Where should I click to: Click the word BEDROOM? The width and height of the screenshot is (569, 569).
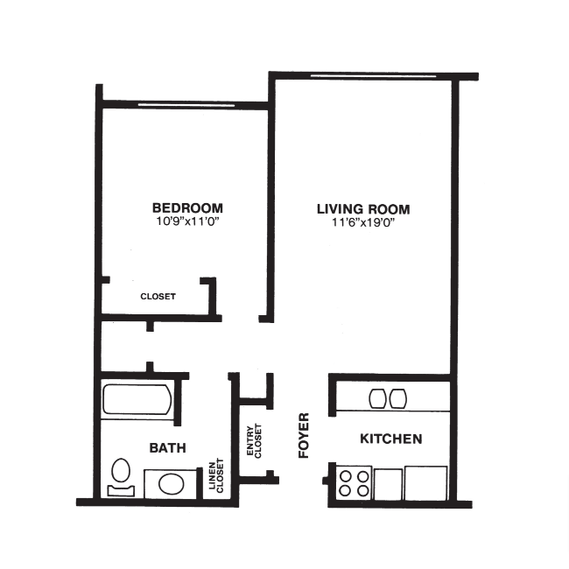(187, 208)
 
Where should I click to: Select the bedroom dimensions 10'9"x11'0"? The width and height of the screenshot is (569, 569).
(187, 222)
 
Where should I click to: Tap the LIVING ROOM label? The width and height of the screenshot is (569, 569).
(363, 210)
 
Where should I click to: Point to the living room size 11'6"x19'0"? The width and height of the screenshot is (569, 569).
(363, 224)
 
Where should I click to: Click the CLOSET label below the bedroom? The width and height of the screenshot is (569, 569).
(158, 297)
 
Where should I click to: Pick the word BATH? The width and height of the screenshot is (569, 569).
(167, 447)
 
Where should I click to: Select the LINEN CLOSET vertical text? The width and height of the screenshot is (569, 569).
(216, 478)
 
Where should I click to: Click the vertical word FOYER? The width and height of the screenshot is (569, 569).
(304, 435)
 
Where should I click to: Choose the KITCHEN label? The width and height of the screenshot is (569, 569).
(391, 439)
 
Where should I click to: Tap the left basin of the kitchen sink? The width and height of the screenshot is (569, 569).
(378, 398)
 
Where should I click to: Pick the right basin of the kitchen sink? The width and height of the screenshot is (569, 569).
(398, 398)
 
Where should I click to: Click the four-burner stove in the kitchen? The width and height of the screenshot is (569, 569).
(355, 484)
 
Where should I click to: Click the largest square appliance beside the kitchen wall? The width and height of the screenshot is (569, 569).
(425, 484)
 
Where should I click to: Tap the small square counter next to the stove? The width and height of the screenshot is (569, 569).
(389, 484)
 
